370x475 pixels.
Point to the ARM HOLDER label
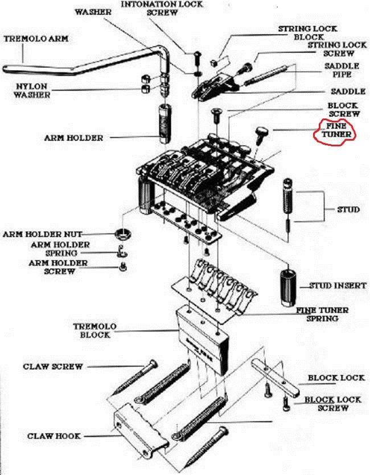click(73, 138)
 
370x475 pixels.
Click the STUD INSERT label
click(338, 285)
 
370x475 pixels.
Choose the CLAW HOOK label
click(54, 436)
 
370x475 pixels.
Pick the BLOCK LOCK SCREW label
click(333, 404)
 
